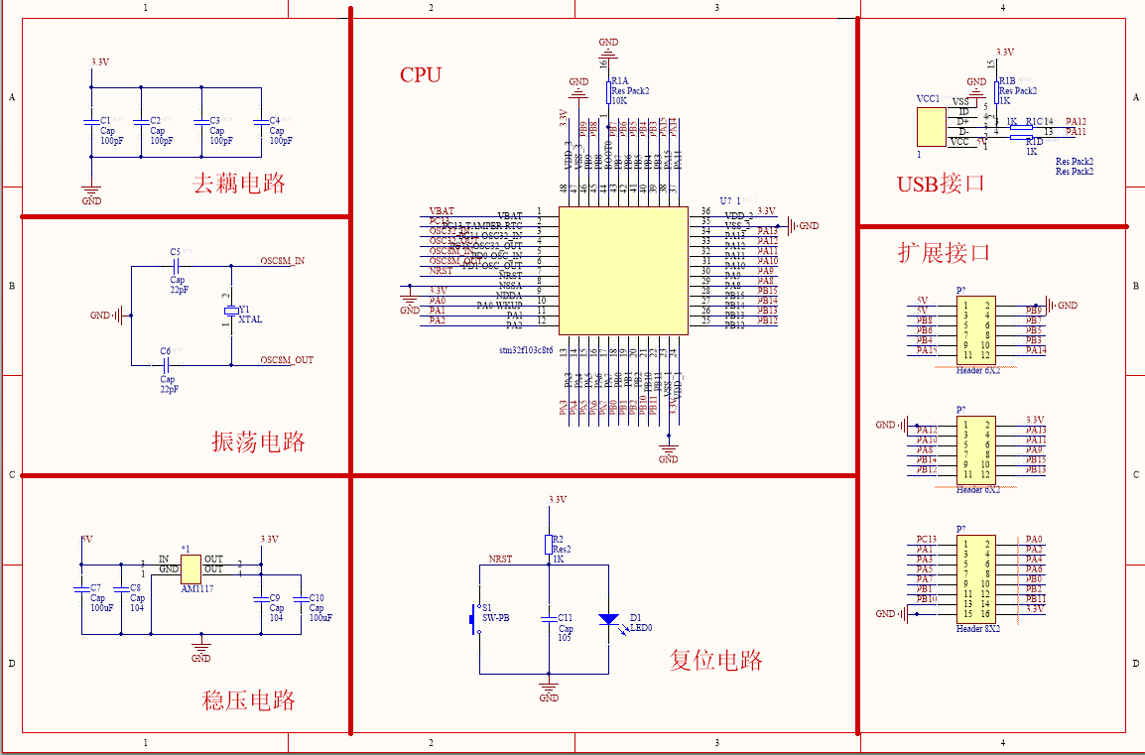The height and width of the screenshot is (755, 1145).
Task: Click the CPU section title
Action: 421,75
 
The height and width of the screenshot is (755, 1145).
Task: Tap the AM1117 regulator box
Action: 191,565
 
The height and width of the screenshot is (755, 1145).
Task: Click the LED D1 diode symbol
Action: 608,618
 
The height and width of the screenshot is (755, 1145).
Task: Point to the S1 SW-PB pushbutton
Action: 472,619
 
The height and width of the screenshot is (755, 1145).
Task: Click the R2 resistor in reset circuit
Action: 548,544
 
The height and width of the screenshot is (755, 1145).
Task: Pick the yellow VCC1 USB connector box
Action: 931,126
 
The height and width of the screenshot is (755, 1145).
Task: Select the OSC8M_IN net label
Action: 283,261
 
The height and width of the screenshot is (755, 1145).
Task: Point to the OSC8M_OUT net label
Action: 287,359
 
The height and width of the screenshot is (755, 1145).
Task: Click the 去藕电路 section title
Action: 238,184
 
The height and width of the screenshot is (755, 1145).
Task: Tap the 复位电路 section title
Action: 715,660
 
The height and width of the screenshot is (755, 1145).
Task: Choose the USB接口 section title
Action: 941,184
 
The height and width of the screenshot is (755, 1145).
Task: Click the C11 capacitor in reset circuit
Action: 548,618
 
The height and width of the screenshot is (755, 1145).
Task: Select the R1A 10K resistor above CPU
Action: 608,91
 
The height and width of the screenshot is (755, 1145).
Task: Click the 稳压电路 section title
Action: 249,700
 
